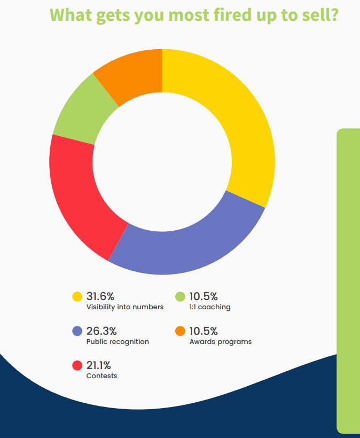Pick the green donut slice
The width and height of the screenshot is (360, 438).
(83, 112)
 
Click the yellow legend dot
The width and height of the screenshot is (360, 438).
(77, 296)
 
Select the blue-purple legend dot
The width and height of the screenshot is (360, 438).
(77, 331)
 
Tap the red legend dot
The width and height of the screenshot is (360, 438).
(77, 366)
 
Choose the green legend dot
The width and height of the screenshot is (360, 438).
(180, 296)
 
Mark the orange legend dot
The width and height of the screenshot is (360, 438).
(180, 331)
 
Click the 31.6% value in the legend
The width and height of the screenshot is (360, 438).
(101, 296)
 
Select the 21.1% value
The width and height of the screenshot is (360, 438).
(99, 366)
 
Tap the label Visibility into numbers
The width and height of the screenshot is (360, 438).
(125, 307)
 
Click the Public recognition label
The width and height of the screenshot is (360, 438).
(118, 341)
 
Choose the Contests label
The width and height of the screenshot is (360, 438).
(101, 376)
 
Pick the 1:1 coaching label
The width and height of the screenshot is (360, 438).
(210, 307)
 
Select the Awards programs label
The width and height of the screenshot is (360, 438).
(221, 341)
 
